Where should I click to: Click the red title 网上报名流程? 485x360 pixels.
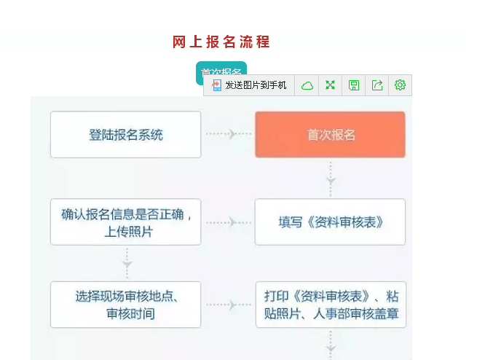click(221, 42)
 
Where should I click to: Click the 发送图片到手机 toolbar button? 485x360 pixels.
click(249, 85)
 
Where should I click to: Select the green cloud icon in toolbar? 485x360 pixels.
click(307, 85)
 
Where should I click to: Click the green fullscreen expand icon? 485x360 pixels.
click(331, 85)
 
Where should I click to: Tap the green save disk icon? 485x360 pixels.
click(354, 85)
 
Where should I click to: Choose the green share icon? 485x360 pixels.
click(377, 85)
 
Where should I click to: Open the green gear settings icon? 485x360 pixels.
click(400, 85)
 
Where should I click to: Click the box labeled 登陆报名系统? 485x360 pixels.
click(125, 135)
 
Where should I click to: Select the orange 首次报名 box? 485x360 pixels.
click(330, 135)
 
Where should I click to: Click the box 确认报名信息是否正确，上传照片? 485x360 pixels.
click(125, 222)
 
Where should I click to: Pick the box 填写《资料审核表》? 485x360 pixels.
click(330, 222)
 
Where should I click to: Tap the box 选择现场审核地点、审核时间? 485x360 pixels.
click(125, 305)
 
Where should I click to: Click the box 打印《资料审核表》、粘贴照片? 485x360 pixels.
click(331, 305)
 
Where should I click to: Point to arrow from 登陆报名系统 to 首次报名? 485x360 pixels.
click(228, 134)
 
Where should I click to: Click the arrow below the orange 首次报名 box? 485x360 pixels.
click(331, 179)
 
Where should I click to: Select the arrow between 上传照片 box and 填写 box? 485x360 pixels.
click(228, 222)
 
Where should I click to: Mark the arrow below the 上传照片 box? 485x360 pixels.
click(127, 264)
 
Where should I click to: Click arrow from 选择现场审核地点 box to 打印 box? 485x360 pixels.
click(228, 305)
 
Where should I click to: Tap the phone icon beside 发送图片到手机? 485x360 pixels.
click(216, 85)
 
